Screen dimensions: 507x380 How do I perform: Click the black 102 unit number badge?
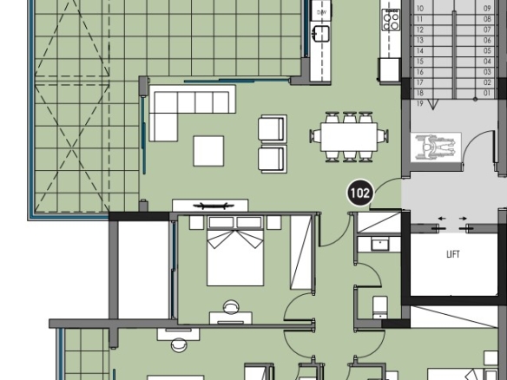point(360,193)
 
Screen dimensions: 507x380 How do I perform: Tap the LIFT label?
point(452,254)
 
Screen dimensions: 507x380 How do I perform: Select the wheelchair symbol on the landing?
point(436,147)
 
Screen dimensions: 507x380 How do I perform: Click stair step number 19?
point(419,104)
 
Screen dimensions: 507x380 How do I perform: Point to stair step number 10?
point(420,9)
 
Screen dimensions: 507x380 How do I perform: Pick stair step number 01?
point(487,93)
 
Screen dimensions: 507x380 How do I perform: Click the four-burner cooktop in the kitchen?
point(391,20)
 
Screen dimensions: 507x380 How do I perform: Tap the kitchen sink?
point(320,34)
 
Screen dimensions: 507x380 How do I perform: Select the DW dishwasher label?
point(321,13)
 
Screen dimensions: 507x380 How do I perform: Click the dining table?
point(349,137)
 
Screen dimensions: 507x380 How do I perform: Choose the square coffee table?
point(208,151)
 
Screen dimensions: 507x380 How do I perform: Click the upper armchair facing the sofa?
point(273,128)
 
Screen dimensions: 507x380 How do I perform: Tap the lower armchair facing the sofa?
point(273,159)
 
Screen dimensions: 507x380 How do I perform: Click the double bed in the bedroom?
point(235,251)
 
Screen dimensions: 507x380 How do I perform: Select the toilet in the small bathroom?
point(380,307)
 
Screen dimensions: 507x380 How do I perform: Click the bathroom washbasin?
point(379,245)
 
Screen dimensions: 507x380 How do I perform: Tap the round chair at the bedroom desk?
point(231,307)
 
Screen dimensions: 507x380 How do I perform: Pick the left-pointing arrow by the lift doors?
point(442,219)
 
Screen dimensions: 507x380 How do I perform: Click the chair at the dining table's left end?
point(315,136)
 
